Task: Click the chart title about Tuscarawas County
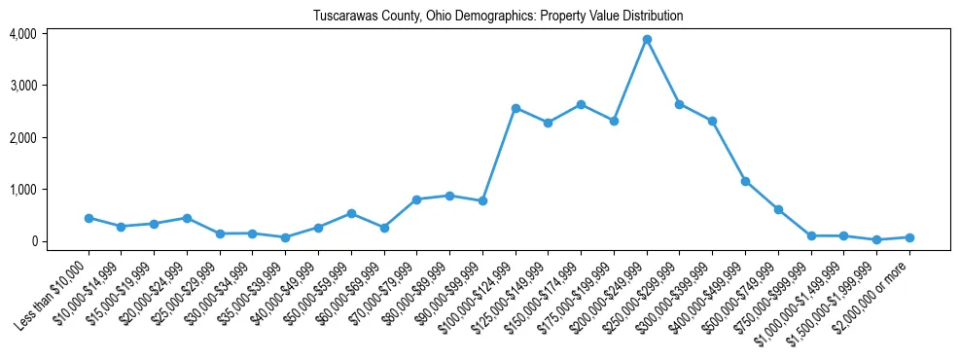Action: pyautogui.click(x=498, y=16)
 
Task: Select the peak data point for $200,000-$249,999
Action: pyautogui.click(x=647, y=40)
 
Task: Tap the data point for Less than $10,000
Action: pyautogui.click(x=89, y=218)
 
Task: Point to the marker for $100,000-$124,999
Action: pyautogui.click(x=516, y=108)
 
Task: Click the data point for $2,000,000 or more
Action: pyautogui.click(x=909, y=237)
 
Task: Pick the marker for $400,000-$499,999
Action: pyautogui.click(x=745, y=181)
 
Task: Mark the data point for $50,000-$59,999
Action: pyautogui.click(x=351, y=213)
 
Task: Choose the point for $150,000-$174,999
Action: pyautogui.click(x=581, y=104)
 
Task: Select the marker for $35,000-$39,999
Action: pyautogui.click(x=285, y=237)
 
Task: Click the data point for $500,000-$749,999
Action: pyautogui.click(x=778, y=209)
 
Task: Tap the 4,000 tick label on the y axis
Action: pyautogui.click(x=22, y=34)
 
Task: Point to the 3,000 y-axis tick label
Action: pyautogui.click(x=22, y=86)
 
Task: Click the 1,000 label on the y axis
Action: pyautogui.click(x=22, y=190)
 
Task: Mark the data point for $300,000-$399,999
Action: pyautogui.click(x=712, y=121)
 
